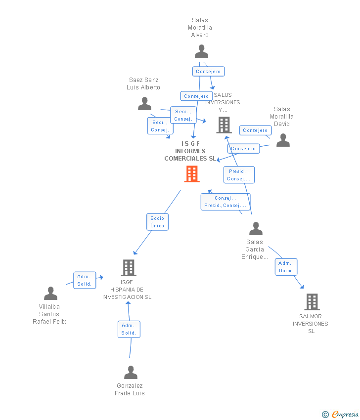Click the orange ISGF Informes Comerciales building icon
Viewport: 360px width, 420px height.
click(x=192, y=174)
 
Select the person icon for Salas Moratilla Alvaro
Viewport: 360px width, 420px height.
click(x=201, y=51)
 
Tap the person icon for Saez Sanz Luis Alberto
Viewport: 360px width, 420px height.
click(x=144, y=104)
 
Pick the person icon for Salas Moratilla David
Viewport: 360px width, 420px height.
click(x=283, y=140)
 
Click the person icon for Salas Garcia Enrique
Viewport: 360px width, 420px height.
click(x=256, y=229)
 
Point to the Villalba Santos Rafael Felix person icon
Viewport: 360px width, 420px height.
click(x=50, y=294)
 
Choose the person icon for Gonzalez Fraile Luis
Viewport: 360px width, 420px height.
click(x=131, y=373)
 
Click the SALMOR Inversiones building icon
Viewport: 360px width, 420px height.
click(x=312, y=301)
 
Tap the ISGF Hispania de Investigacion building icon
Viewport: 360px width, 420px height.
click(x=129, y=268)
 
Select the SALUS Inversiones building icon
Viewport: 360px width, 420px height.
click(x=224, y=125)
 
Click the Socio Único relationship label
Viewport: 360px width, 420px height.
click(x=157, y=222)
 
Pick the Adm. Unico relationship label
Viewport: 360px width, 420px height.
click(x=286, y=267)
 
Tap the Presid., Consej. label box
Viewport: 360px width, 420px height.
click(x=239, y=175)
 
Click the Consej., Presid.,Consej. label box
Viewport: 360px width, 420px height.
click(x=225, y=202)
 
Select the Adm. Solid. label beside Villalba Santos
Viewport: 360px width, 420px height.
click(x=84, y=280)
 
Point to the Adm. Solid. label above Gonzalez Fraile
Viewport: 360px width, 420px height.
click(x=129, y=329)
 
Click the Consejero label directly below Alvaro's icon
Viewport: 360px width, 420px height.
click(x=208, y=72)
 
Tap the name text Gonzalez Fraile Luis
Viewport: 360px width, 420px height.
click(x=130, y=389)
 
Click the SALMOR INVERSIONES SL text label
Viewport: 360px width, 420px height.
click(x=311, y=324)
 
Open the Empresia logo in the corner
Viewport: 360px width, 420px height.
click(x=340, y=414)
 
